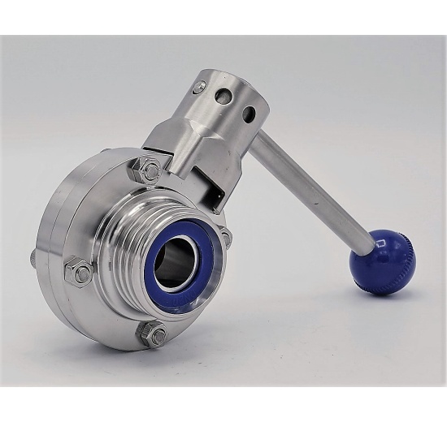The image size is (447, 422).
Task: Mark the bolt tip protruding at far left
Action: (x=33, y=258)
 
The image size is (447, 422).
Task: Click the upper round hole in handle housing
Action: (x=223, y=96)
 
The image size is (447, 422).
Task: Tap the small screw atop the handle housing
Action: (x=198, y=88)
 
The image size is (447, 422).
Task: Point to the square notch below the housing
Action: (x=218, y=194)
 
